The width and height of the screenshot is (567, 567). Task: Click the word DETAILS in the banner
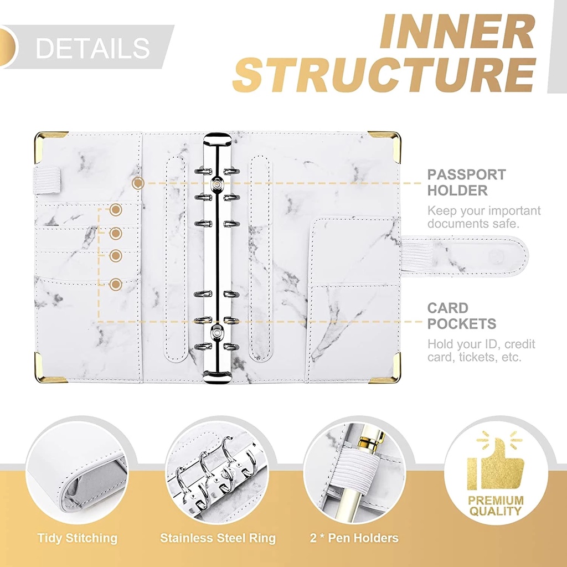point(92,48)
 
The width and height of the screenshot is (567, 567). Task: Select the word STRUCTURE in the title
point(384,75)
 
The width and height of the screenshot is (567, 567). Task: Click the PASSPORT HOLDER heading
point(466,182)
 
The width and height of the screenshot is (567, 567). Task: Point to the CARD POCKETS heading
point(461,316)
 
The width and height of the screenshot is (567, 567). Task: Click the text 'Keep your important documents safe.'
point(484,217)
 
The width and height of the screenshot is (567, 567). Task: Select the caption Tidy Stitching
point(78,538)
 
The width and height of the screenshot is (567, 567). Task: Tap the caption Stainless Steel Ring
point(218,538)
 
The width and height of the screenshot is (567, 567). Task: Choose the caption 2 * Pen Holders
point(354,538)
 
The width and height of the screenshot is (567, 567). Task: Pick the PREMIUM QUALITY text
point(496,506)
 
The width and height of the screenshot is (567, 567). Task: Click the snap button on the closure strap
point(496,256)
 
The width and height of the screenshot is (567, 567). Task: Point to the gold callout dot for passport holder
point(138,183)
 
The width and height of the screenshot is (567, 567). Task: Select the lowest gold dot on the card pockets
point(115,284)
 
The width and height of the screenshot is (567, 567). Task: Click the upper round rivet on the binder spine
point(217,184)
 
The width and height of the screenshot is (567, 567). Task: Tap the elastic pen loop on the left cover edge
point(47,179)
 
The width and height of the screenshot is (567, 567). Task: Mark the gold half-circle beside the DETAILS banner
point(8,47)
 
